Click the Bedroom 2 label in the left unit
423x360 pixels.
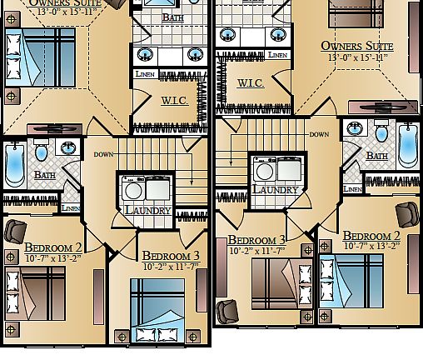pos(53,247)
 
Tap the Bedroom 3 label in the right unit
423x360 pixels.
pos(257,240)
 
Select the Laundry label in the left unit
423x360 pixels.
pos(147,211)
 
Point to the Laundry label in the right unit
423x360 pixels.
pos(275,190)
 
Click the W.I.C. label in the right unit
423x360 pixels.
pos(251,83)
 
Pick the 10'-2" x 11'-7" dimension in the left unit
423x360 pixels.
pos(172,267)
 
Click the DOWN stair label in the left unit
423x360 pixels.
pos(104,154)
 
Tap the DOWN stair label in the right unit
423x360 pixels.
pos(319,134)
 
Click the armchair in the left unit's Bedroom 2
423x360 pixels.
pos(16,229)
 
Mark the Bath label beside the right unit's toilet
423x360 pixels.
pos(377,156)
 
